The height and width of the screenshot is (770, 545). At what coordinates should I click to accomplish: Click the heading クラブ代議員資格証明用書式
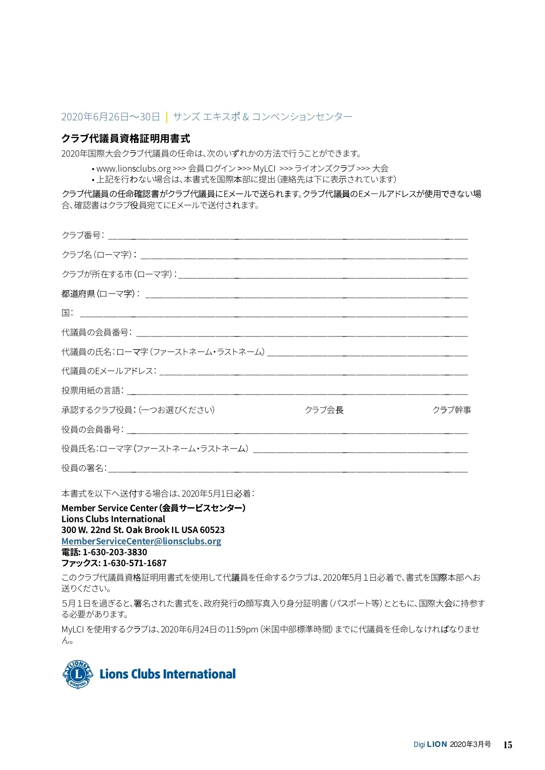tap(126, 138)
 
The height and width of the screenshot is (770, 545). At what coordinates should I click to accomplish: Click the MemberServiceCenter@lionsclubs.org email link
tap(141, 541)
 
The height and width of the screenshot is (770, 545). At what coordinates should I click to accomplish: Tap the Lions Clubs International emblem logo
tap(78, 674)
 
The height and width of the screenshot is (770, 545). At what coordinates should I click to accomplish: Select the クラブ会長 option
tap(324, 410)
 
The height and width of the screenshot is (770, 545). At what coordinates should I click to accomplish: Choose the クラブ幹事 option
tap(451, 410)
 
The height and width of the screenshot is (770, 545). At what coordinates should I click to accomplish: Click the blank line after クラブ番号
tap(287, 237)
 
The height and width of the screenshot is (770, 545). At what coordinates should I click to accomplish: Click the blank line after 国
tap(273, 315)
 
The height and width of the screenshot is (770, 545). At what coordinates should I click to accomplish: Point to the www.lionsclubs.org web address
tap(134, 168)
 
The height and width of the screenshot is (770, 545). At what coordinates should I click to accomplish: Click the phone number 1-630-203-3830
tap(115, 552)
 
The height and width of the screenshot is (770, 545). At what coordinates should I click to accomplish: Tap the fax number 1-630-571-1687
tap(134, 563)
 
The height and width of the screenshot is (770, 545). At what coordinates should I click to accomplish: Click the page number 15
tap(508, 745)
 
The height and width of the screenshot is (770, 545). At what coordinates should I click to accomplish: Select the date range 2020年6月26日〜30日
tap(110, 117)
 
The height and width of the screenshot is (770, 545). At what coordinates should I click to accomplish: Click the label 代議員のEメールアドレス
tap(109, 371)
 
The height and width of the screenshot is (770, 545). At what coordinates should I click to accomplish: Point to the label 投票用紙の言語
tap(92, 390)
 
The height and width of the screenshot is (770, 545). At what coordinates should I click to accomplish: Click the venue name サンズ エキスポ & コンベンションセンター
tap(263, 117)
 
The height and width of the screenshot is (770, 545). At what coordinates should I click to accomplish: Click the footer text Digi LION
tap(430, 745)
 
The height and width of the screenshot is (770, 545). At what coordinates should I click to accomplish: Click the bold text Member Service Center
tap(109, 508)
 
